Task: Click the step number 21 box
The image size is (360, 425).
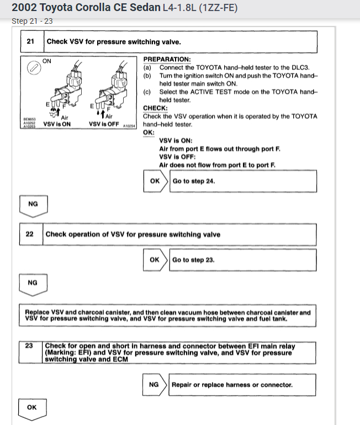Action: coord(31,41)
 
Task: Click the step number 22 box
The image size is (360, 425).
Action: coord(31,234)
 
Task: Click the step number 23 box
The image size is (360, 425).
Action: coord(31,346)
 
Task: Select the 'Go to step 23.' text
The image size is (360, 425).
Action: coord(193,260)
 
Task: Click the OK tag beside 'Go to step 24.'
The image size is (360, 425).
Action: coord(155,181)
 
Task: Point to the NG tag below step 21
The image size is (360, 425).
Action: coord(33,204)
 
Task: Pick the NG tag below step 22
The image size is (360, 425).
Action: coord(33,283)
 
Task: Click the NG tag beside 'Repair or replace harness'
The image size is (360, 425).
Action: coord(154,385)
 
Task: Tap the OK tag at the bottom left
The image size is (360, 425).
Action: coord(32,407)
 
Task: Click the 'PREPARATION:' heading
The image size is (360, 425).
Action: coord(167,59)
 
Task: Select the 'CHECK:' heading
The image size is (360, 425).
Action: coord(155,108)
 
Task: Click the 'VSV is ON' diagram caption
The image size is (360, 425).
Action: coord(57,124)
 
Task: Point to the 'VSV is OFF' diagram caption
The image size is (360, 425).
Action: coord(104,124)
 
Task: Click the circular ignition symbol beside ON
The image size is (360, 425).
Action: coord(34,67)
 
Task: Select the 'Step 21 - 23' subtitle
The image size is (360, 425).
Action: coord(32,22)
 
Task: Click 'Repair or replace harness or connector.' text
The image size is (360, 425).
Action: coord(232,385)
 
